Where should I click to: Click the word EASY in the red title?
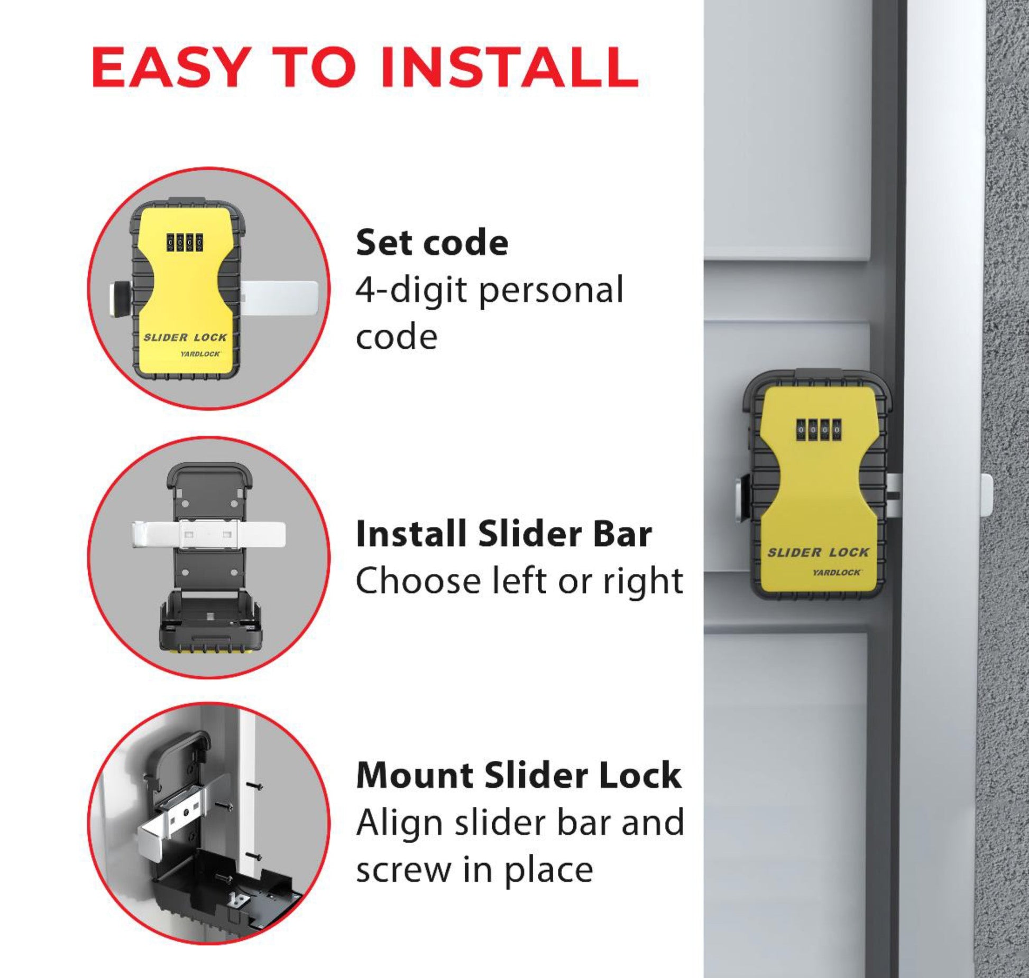169,67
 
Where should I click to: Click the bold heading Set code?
432,243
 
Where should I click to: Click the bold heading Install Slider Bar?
503,534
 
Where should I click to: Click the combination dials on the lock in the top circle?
185,243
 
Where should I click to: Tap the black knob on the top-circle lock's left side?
120,299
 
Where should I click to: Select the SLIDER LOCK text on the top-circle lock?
185,337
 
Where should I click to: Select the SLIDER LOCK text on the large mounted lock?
817,553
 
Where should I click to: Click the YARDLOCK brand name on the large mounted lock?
837,572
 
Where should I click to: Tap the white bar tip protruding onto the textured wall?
986,495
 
